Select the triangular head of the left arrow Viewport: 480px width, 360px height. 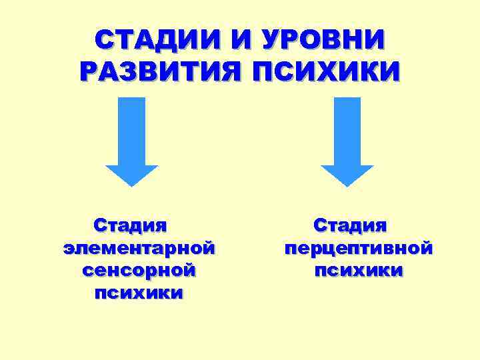point(132,173)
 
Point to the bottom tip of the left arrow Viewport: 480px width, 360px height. point(132,185)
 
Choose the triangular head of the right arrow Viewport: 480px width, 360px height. point(347,173)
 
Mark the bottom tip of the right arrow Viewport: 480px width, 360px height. point(347,185)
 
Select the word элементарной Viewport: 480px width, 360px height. point(139,248)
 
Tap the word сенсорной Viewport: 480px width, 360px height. point(139,271)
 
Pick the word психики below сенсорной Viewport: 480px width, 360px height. point(138,293)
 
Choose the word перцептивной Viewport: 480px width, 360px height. point(358,249)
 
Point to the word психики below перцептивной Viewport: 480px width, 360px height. point(358,271)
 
